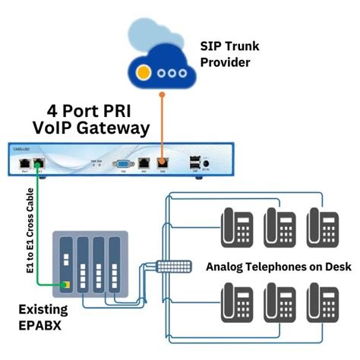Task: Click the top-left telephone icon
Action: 236,226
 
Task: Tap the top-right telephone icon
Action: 322,226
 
